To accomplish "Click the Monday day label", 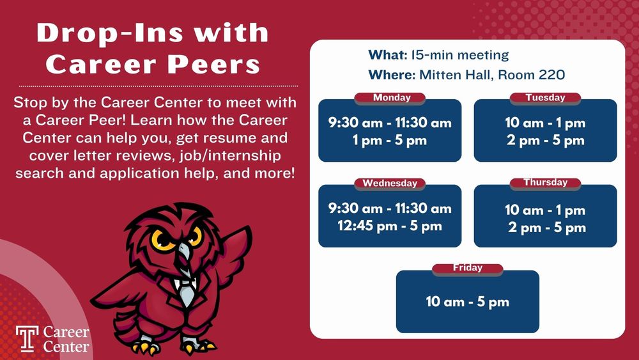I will pyautogui.click(x=391, y=98).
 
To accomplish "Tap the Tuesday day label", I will pyautogui.click(x=545, y=98).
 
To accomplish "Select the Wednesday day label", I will pyautogui.click(x=390, y=184).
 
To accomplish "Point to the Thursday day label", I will pyautogui.click(x=545, y=183).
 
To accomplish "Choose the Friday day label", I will pyautogui.click(x=467, y=268).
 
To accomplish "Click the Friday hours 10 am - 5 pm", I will pyautogui.click(x=467, y=302).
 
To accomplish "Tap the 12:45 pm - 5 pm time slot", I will pyautogui.click(x=390, y=226).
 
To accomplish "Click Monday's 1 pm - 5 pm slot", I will pyautogui.click(x=390, y=140).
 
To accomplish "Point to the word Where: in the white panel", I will pyautogui.click(x=392, y=75).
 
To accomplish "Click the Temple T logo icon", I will pyautogui.click(x=26, y=338).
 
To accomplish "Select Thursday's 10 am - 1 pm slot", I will pyautogui.click(x=545, y=210).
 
